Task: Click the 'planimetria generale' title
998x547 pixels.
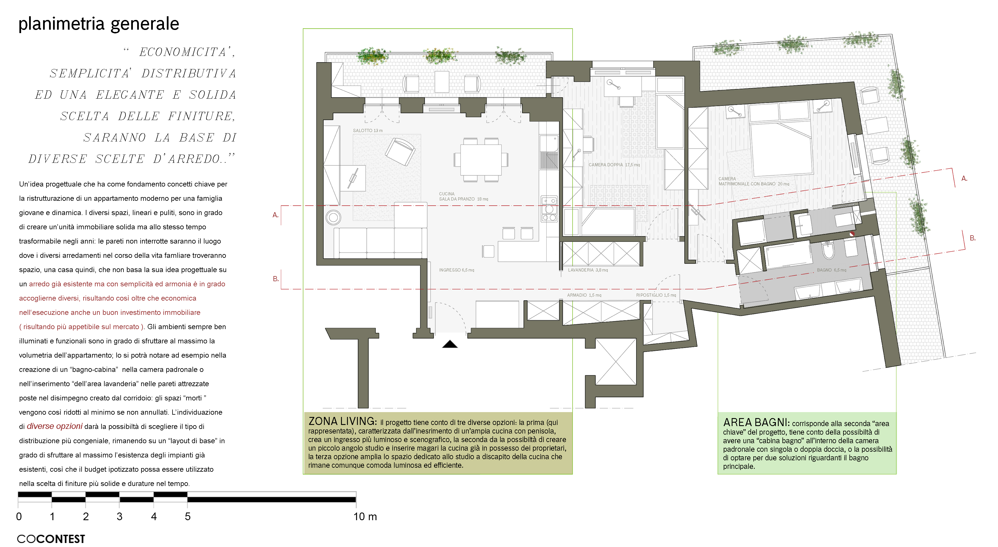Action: coord(99,24)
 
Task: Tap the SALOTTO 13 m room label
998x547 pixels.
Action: coord(367,131)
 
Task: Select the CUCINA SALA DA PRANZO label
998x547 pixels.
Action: coord(463,196)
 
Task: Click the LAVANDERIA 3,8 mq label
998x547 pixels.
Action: coord(588,270)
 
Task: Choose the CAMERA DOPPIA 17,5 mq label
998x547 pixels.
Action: coord(614,165)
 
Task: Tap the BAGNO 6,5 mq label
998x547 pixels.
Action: coord(831,270)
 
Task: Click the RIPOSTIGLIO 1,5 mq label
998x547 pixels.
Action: coord(656,295)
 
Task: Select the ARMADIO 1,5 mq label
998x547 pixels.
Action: coord(584,295)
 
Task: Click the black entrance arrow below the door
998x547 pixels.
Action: coord(450,344)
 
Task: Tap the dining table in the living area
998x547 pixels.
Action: coord(481,160)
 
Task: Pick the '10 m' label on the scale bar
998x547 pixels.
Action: coord(365,516)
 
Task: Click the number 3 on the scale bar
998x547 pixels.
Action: coord(119,516)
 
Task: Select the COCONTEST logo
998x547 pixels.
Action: coord(51,539)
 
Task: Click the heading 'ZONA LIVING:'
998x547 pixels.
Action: coord(342,421)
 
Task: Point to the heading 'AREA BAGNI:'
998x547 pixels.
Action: coord(756,422)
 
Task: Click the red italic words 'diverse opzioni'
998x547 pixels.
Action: coord(55,426)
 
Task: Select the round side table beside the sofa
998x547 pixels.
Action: coord(333,217)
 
